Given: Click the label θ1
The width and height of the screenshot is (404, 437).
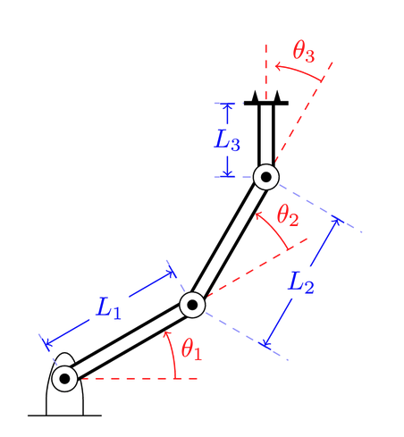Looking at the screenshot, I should tap(191, 349).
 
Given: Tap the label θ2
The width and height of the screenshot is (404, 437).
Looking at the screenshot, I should tap(287, 215).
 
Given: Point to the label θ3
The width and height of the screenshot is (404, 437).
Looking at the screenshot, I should tap(304, 52).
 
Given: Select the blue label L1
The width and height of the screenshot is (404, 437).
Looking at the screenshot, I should tap(108, 309).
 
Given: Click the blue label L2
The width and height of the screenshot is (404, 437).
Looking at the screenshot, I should tap(302, 284).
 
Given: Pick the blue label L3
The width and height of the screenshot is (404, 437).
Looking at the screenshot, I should tap(228, 140).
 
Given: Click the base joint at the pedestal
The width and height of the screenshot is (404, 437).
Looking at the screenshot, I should tap(64, 379).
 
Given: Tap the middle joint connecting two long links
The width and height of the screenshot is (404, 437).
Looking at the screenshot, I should tap(192, 305).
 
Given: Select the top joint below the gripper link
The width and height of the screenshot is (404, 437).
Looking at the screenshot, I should tap(265, 177).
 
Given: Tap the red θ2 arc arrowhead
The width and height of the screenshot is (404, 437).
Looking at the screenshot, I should tap(257, 214).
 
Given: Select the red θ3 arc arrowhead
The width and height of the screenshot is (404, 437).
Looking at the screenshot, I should tap(277, 65).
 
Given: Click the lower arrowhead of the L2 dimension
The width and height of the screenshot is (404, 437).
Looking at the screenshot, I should tap(265, 344).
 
